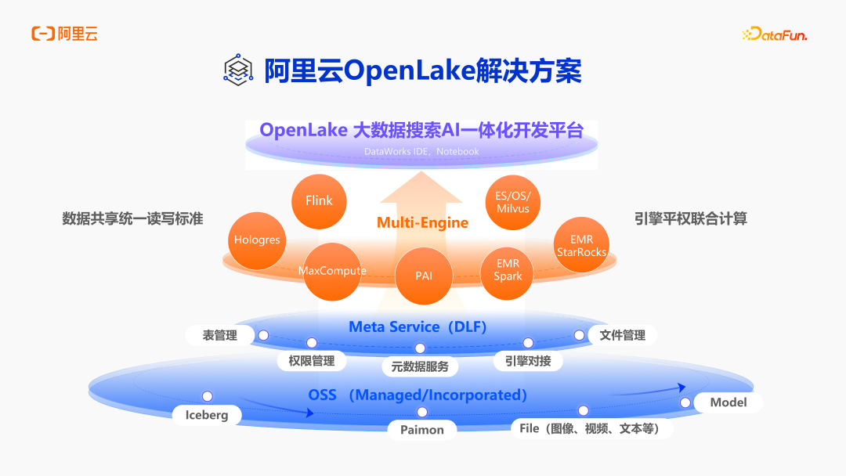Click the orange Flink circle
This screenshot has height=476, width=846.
coord(319,200)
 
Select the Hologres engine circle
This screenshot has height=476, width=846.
coord(257,240)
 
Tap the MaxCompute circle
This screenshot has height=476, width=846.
coord(332,271)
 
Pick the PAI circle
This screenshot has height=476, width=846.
coord(424,276)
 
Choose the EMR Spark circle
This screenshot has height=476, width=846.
coord(508,270)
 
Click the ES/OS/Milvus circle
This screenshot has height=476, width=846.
coord(513,202)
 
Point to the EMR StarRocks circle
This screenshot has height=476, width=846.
coord(582,246)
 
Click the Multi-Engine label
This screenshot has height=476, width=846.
coord(422,222)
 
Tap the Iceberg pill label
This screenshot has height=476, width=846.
coord(207,415)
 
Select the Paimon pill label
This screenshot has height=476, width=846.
coord(422,430)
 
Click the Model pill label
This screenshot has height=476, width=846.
coord(728,402)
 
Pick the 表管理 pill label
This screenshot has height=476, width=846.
coord(220,335)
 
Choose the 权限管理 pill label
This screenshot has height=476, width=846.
coord(312,361)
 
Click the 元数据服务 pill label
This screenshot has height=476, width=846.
coord(420,366)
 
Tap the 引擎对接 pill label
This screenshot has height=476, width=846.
coord(528,361)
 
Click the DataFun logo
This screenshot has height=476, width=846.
coord(774,34)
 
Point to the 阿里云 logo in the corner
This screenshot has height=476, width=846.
coord(64,34)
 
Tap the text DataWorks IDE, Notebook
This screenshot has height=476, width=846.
coord(421,151)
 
